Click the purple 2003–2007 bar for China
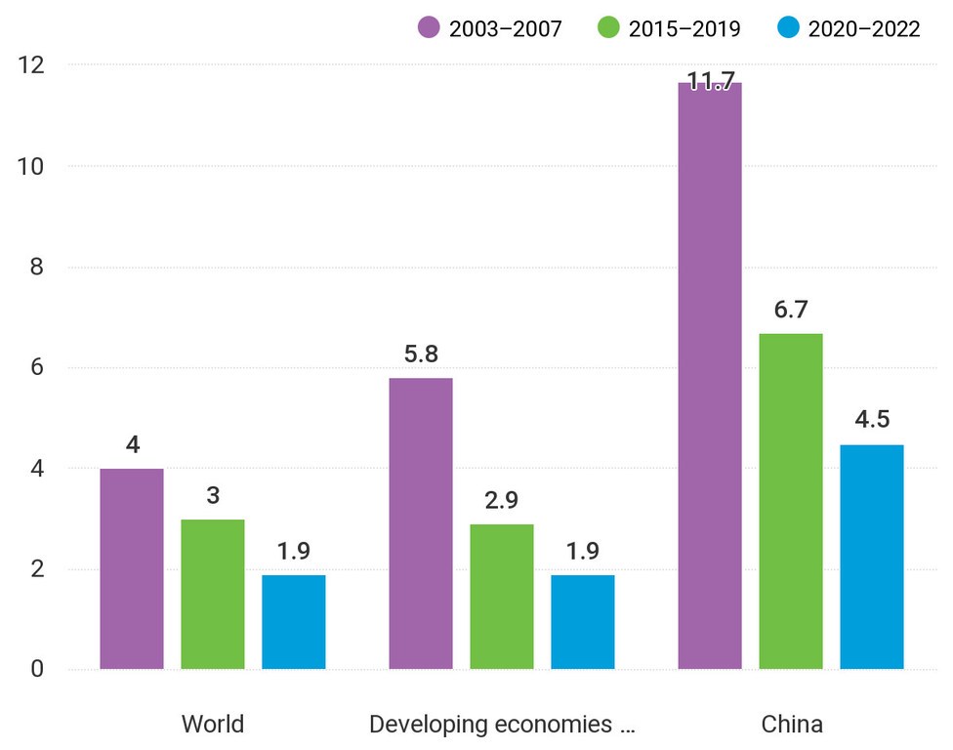tap(710, 376)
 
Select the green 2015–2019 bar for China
tap(791, 501)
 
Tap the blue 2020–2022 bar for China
tap(872, 557)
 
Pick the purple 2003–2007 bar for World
tap(132, 569)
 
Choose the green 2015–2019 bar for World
tap(213, 594)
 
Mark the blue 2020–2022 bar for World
tap(294, 622)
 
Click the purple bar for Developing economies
tap(421, 523)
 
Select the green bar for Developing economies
tap(502, 597)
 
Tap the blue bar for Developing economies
tap(583, 622)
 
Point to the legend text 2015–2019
tap(684, 28)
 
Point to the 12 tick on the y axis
tap(33, 65)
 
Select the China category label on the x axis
tap(792, 725)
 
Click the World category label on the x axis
tap(213, 725)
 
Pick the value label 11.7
tap(710, 82)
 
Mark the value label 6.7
tap(791, 311)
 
